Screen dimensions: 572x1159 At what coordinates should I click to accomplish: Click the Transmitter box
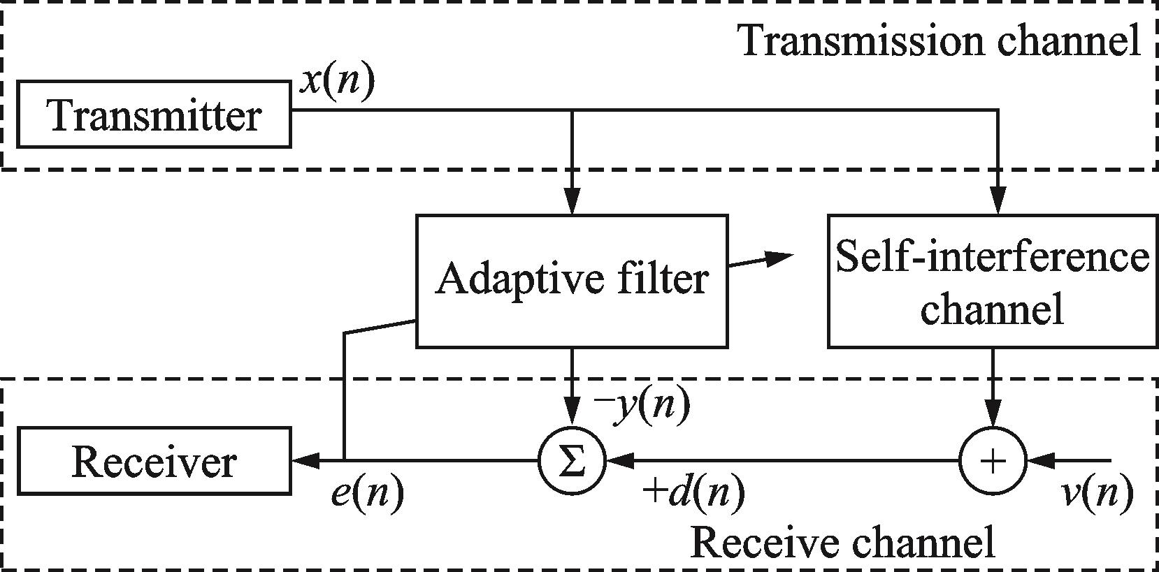tap(154, 115)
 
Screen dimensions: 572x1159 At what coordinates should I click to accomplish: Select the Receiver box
tap(154, 462)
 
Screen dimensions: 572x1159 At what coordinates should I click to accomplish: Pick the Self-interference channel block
tap(993, 281)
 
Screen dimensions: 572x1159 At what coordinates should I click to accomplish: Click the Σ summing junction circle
tap(572, 461)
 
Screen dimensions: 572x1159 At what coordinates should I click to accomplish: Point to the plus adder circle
tap(993, 461)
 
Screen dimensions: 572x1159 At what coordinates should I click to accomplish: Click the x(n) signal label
tap(336, 82)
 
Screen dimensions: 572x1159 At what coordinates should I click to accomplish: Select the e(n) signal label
tap(367, 494)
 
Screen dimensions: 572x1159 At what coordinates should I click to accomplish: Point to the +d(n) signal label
tap(693, 494)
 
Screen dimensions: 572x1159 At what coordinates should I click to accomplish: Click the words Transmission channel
tap(940, 41)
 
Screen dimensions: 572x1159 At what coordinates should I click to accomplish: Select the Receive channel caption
tap(842, 543)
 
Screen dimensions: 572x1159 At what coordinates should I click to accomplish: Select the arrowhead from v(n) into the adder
tap(1037, 461)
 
